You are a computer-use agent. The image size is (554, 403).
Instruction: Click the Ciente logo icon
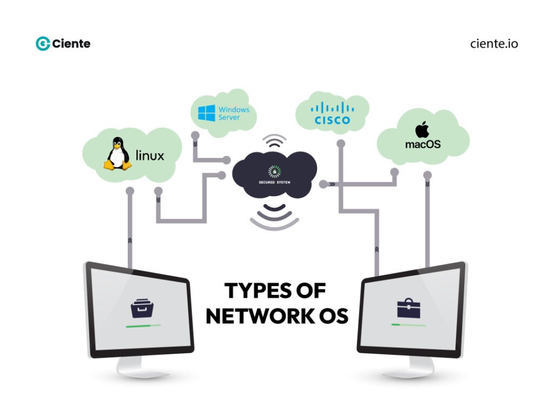coord(43,44)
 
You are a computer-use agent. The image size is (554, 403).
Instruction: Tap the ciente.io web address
coord(493,44)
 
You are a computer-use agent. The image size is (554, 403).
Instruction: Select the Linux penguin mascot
coord(117,154)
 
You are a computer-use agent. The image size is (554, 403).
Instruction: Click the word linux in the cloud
coord(150,156)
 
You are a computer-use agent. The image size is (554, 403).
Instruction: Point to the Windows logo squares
coord(206,113)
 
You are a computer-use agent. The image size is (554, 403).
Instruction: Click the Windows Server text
coord(234,113)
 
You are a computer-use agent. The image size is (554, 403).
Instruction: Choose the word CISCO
coord(332,120)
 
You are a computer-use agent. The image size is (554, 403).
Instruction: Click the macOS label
coord(423,144)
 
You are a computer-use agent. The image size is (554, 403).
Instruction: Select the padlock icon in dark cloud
coord(274,171)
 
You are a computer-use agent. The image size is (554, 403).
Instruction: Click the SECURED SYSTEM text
coord(274,182)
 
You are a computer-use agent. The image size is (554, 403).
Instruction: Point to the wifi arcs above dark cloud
coord(274,142)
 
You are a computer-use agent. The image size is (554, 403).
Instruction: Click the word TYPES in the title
coord(254,291)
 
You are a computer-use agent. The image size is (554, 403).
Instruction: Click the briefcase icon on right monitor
coord(408,308)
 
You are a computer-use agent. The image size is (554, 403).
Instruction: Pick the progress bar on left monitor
coord(143,326)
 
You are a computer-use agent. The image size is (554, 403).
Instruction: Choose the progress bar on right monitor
coord(408,325)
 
